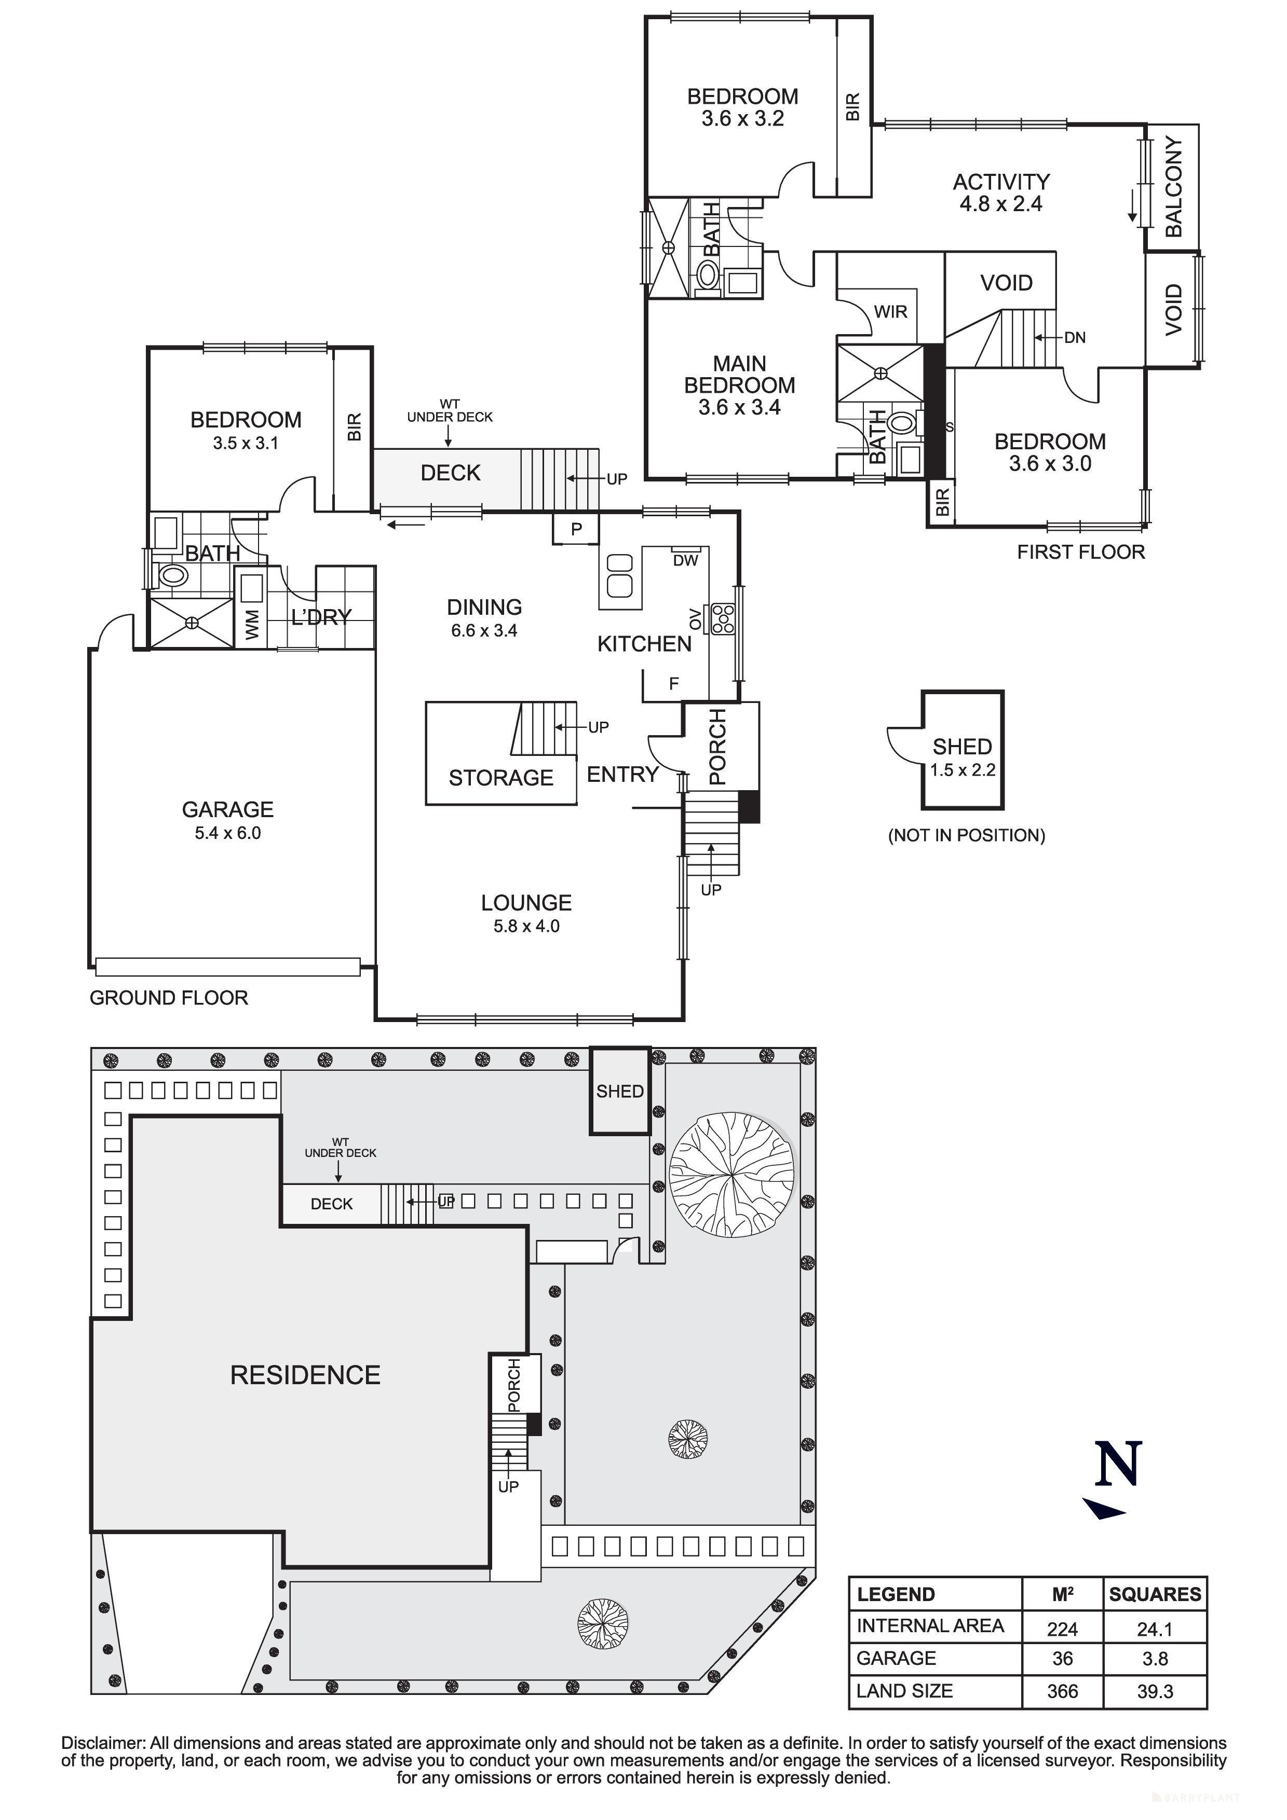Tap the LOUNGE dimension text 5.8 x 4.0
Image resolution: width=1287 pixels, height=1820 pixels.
tap(526, 926)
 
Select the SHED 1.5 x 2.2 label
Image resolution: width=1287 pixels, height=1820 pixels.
tap(962, 758)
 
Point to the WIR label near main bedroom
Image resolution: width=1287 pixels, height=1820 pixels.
tap(890, 311)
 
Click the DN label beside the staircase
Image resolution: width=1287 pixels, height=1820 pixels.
tap(1075, 338)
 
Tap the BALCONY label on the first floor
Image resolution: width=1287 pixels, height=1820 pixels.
tap(1174, 187)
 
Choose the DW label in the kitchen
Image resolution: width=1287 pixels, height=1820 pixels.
tap(685, 560)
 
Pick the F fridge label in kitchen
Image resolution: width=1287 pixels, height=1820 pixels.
tap(674, 683)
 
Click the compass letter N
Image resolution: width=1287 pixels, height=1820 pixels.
tap(1118, 1465)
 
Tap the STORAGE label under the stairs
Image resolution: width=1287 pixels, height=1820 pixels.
tap(501, 778)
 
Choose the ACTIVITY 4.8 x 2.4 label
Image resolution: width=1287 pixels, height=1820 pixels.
tap(1001, 192)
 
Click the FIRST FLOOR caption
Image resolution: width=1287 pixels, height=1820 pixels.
tap(1081, 553)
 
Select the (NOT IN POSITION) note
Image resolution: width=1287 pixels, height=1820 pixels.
tap(967, 835)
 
